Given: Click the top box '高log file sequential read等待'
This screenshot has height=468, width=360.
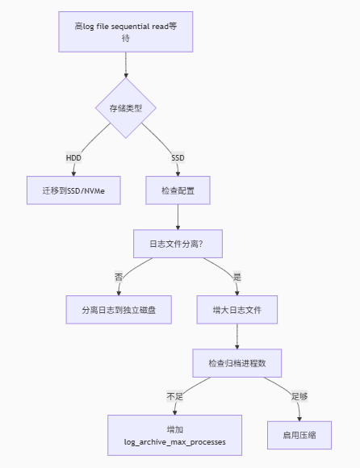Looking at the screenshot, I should [x=125, y=31].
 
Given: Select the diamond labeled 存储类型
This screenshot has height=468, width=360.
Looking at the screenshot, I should [x=125, y=107].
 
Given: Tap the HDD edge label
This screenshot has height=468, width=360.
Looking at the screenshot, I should [x=74, y=157].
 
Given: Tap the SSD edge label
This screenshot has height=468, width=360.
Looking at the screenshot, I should [x=178, y=157].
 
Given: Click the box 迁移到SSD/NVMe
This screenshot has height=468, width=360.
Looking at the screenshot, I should [x=73, y=190].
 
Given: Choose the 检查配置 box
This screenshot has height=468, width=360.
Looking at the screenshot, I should [x=178, y=190].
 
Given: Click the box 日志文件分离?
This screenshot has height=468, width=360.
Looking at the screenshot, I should [x=178, y=244].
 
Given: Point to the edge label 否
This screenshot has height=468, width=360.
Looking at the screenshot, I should [x=119, y=277].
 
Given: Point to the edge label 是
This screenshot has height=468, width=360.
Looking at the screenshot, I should [x=237, y=277].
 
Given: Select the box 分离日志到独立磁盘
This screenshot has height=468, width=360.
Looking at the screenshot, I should [x=119, y=310].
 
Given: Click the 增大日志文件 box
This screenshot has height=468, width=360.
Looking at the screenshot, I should [x=237, y=310].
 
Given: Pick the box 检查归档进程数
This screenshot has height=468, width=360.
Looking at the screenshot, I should [x=237, y=363].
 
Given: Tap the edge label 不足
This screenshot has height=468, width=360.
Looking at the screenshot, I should [x=175, y=396].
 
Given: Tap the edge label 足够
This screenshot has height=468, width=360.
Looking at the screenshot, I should [x=299, y=396].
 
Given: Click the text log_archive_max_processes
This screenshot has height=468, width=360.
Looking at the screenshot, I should [x=175, y=443].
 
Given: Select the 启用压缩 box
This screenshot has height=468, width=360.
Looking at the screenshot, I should [x=299, y=435].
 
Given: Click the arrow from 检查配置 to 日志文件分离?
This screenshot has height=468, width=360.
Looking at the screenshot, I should [x=178, y=217].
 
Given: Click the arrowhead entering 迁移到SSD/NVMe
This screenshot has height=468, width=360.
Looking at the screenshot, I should [x=73, y=173].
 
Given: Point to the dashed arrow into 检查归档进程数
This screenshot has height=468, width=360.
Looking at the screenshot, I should [x=237, y=336].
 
